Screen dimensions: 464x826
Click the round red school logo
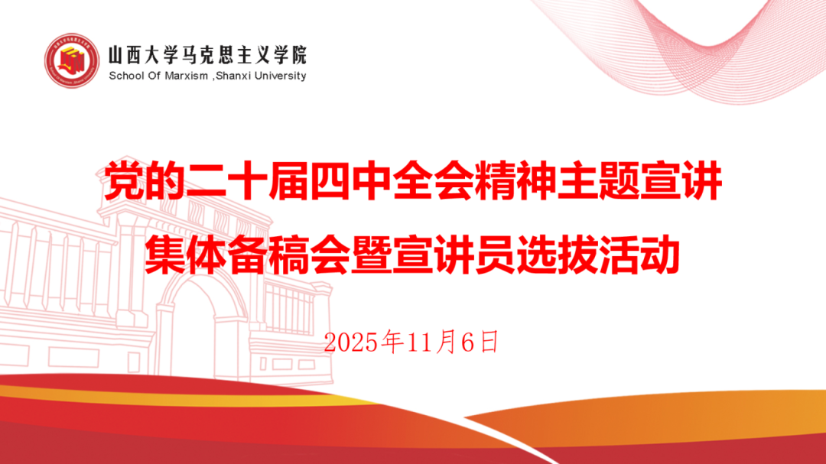pyautogui.click(x=72, y=60)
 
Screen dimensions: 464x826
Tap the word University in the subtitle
pyautogui.click(x=280, y=76)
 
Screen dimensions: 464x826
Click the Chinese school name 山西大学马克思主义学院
pyautogui.click(x=207, y=54)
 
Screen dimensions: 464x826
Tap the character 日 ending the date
pyautogui.click(x=489, y=343)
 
